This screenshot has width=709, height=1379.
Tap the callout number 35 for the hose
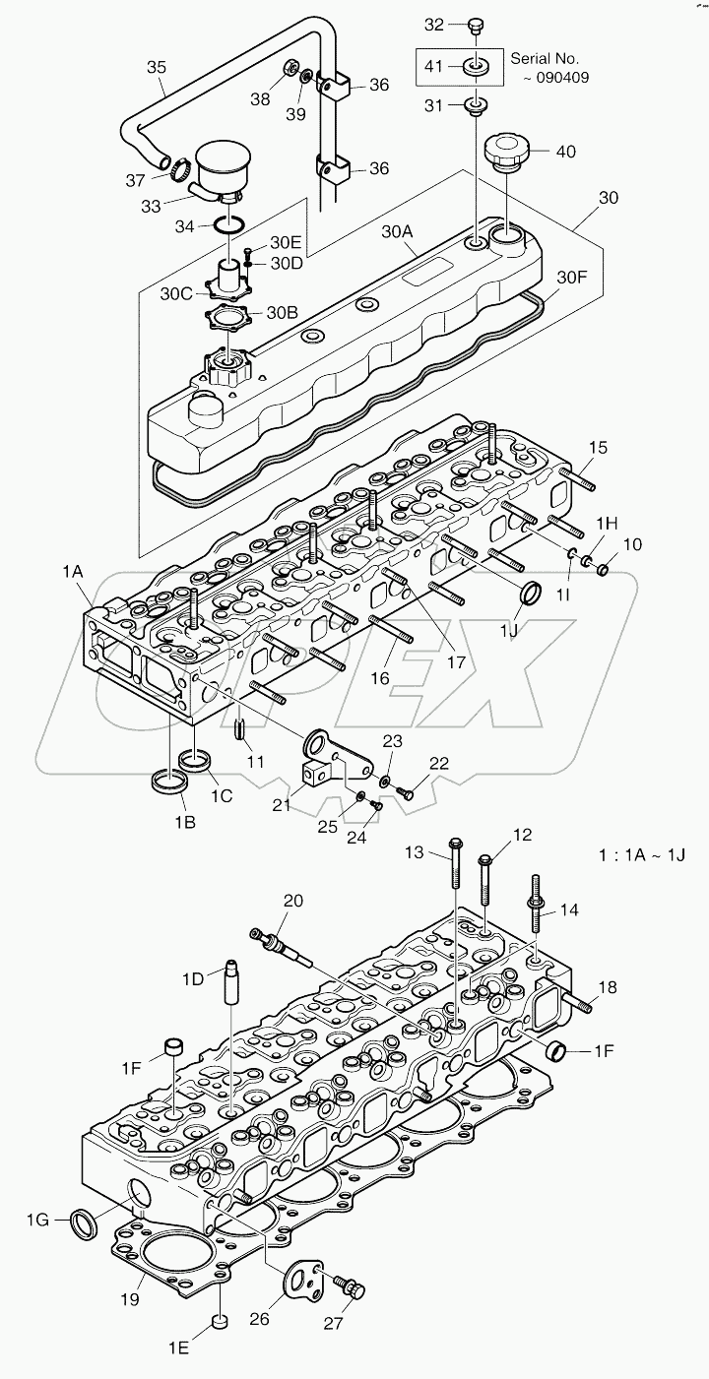click(x=157, y=68)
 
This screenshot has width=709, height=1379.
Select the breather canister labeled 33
click(x=226, y=168)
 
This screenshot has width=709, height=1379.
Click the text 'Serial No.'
click(x=544, y=59)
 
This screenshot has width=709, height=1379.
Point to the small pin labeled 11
click(x=240, y=729)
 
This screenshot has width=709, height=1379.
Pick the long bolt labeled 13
click(x=455, y=876)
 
